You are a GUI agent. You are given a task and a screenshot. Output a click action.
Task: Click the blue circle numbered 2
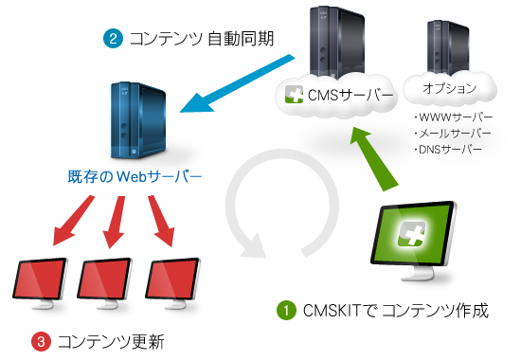click(114, 39)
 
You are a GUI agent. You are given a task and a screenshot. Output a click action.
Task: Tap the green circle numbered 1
click(284, 310)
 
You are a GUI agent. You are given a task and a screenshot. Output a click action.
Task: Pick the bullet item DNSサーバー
click(450, 149)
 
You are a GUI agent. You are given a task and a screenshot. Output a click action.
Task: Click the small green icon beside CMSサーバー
click(295, 95)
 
